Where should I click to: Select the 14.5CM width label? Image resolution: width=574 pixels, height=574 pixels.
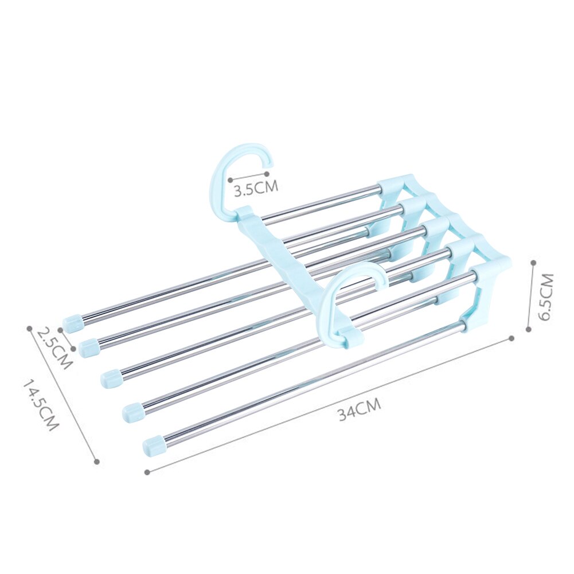pyautogui.click(x=41, y=405)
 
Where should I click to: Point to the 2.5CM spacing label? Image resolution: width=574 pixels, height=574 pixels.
pyautogui.click(x=55, y=347)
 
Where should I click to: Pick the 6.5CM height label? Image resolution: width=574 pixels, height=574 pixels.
pyautogui.click(x=547, y=296)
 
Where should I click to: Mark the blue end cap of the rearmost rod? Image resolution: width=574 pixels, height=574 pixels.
pyautogui.click(x=73, y=323)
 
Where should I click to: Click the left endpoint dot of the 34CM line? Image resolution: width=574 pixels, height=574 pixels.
pyautogui.click(x=147, y=472)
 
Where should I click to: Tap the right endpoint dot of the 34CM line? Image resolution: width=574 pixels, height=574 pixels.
pyautogui.click(x=511, y=338)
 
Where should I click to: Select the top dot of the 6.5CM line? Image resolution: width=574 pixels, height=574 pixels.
pyautogui.click(x=533, y=262)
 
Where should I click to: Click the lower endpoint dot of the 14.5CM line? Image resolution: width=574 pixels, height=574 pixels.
pyautogui.click(x=97, y=460)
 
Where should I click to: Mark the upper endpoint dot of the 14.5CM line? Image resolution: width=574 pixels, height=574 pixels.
pyautogui.click(x=29, y=329)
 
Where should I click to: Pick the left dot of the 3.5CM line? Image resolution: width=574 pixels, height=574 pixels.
pyautogui.click(x=230, y=179)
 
